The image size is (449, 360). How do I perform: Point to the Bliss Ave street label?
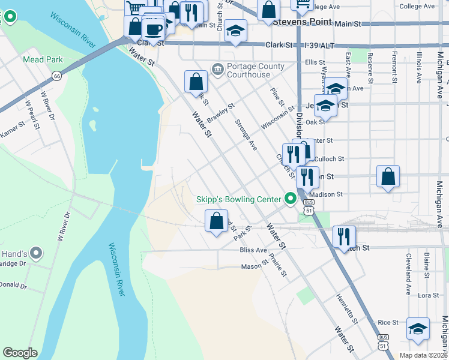coord(253,250)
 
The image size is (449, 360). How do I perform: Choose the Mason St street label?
coord(254,266)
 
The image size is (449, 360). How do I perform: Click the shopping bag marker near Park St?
coord(216,221)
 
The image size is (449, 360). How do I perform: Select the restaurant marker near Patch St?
coord(344,236)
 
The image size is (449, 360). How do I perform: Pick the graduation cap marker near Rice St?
coord(418,328)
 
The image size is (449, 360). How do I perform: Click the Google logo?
coord(20,353)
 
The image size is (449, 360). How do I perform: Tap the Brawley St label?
coord(218,112)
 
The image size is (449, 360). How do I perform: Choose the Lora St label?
coord(428,295)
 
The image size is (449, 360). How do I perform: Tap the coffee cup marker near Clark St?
coord(153,28)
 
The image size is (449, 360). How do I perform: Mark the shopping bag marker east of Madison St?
coord(388,176)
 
